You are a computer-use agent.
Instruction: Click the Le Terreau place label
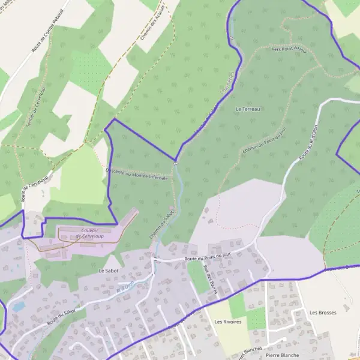coord(248,109)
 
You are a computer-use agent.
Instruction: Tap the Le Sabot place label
coord(109,271)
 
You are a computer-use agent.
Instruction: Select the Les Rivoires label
coord(227,322)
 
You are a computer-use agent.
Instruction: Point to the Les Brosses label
coord(323,313)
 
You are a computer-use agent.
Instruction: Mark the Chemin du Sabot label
coord(161,224)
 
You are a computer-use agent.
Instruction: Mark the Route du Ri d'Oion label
coord(308,143)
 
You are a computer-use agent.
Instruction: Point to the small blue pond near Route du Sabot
coord(19,306)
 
